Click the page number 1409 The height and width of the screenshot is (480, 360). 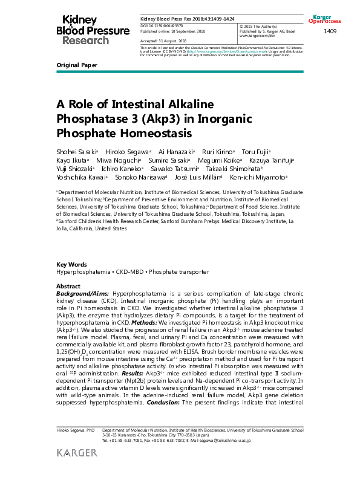click(x=331, y=31)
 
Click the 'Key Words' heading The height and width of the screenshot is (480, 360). click(x=71, y=265)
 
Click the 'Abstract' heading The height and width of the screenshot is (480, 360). click(x=68, y=286)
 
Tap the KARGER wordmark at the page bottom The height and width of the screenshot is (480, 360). click(x=77, y=453)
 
